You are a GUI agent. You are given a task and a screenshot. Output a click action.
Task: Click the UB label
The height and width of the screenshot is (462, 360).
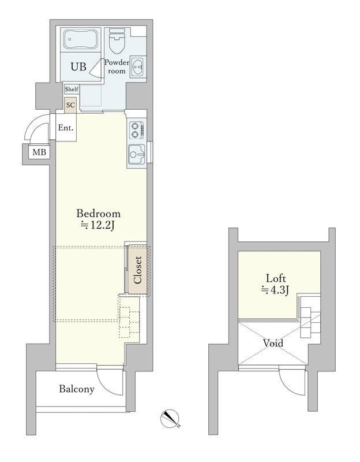(78, 67)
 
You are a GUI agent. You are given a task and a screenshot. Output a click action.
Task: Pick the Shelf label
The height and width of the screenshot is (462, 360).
(72, 90)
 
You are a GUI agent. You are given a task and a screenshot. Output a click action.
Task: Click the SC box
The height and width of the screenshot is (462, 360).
(70, 105)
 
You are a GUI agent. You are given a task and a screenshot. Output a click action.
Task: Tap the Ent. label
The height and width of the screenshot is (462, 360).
(66, 128)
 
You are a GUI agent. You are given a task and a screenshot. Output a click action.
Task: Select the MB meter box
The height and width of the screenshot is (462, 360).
(39, 152)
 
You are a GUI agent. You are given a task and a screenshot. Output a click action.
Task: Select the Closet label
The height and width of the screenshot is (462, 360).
(137, 269)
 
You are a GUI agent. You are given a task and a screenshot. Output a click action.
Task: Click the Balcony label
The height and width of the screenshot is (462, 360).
(76, 389)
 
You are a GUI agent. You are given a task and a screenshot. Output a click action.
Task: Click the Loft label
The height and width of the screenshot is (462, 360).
(276, 277)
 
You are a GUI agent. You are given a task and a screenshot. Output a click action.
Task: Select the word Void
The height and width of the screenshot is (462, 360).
(273, 343)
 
